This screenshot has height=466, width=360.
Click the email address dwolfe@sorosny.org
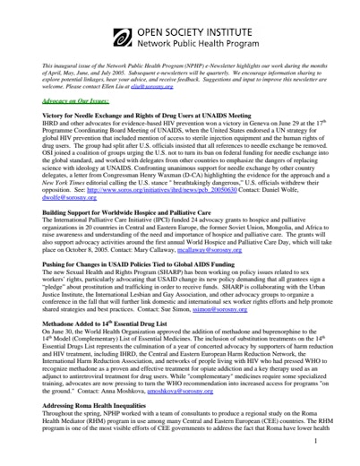click(x=71, y=198)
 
